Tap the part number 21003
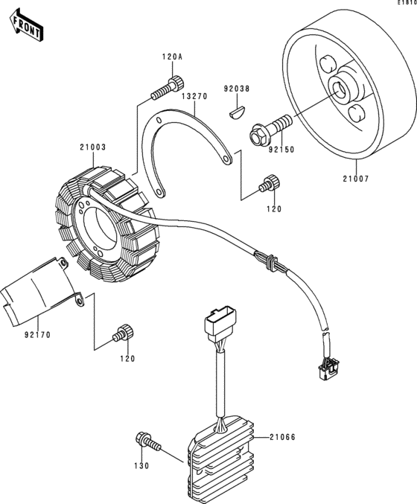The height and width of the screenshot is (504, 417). [93, 147]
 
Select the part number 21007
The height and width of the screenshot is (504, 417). [356, 179]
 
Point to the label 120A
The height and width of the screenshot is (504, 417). [172, 57]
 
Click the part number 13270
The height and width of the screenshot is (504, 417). [195, 96]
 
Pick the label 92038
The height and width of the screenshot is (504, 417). [237, 89]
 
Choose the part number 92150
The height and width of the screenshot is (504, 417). [281, 150]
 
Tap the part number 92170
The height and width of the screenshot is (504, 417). [38, 335]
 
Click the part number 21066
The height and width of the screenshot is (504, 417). [282, 437]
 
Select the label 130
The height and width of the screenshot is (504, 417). [141, 465]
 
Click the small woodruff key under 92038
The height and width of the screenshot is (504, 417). [238, 114]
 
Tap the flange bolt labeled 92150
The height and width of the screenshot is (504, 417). [271, 130]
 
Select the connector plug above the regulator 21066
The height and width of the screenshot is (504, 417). [220, 324]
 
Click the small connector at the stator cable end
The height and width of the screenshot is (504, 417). [328, 369]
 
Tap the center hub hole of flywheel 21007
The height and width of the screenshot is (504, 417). [338, 91]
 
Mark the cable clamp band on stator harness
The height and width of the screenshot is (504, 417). [270, 263]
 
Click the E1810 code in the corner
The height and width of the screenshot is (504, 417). [407, 2]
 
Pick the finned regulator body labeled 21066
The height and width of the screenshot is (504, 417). [221, 462]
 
